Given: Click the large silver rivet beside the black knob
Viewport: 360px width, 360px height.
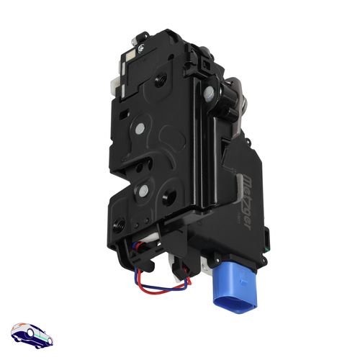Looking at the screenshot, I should point(208,91).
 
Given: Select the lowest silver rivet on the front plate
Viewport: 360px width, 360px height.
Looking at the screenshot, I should point(144,191).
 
